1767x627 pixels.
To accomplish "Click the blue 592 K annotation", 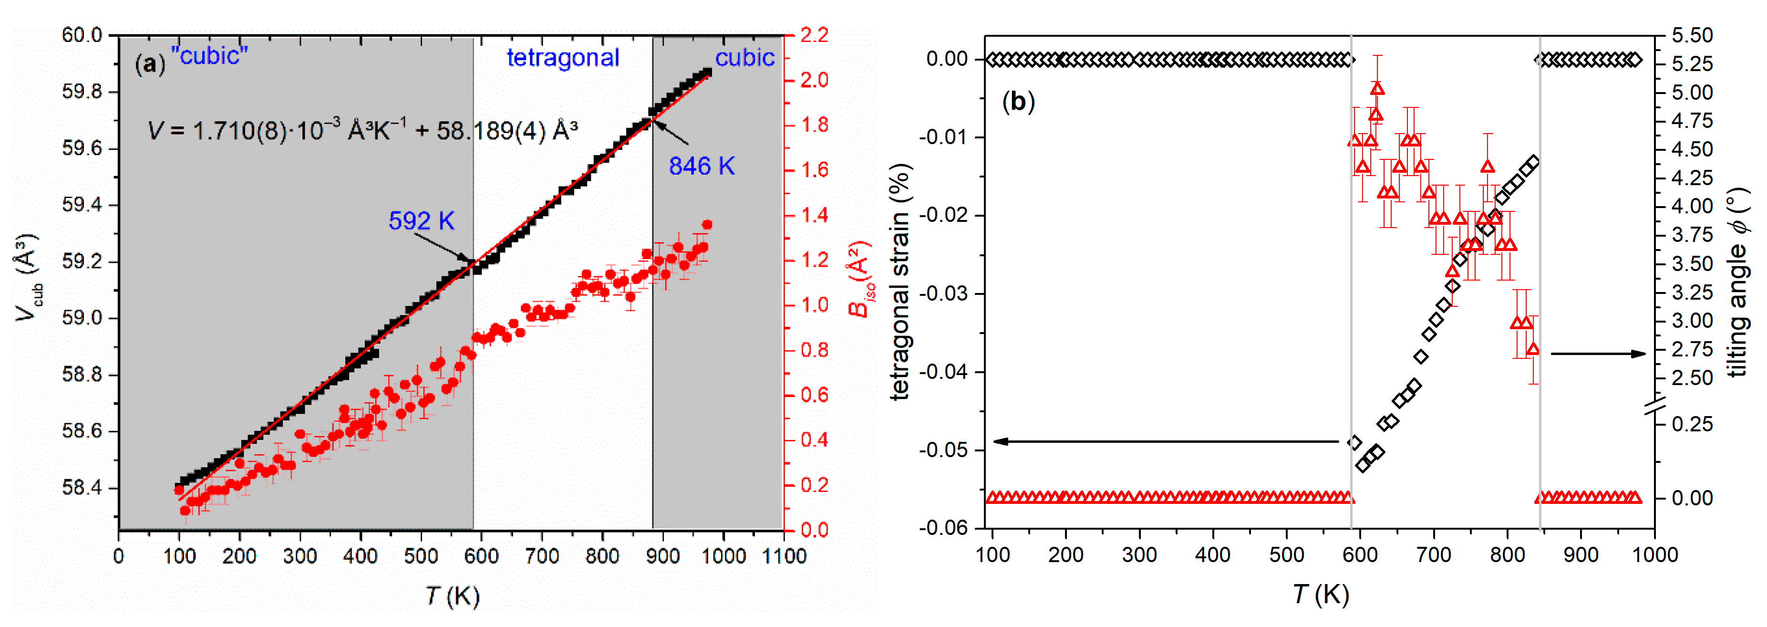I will (421, 221).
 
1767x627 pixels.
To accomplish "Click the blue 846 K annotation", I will (701, 166).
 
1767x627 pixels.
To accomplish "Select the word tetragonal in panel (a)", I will (562, 58).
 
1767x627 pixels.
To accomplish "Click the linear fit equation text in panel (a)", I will (362, 130).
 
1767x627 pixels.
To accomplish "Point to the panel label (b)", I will (1018, 102).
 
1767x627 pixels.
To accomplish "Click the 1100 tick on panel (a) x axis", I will (784, 555).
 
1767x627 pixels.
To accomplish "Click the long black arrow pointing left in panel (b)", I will (1166, 441).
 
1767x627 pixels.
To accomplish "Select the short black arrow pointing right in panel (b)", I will (1598, 354).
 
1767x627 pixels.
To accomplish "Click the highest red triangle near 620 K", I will (1377, 88).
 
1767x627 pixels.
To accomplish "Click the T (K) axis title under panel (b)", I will (1321, 594).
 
